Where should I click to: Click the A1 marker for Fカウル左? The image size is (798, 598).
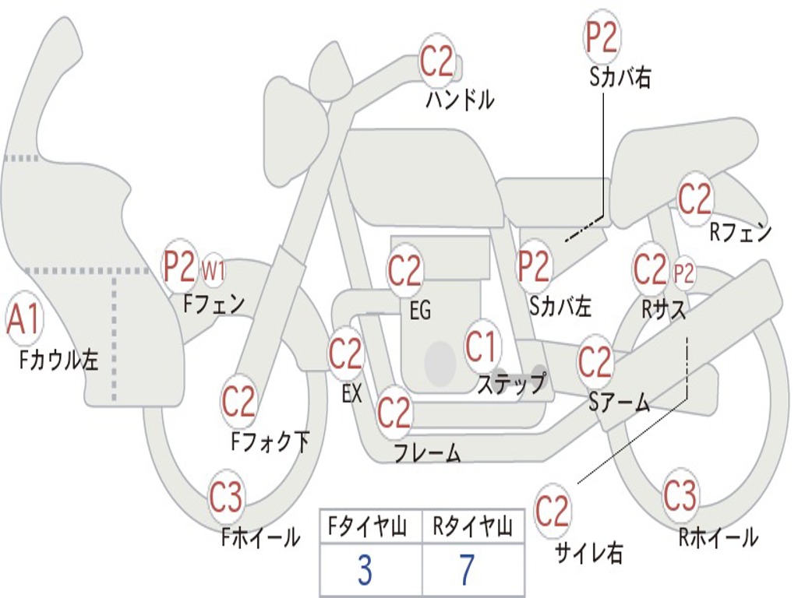24,318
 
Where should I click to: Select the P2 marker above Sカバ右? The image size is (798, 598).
602,37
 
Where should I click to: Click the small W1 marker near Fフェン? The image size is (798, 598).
213,270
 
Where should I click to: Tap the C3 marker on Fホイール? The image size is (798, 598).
226,497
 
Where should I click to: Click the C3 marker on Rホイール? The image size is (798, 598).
680,494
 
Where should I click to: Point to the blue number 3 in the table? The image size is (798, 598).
365,569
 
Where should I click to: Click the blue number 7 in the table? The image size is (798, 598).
468,569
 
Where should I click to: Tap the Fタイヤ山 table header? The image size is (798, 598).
368,527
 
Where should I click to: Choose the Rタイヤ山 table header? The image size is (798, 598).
472,527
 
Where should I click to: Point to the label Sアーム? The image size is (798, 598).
620,403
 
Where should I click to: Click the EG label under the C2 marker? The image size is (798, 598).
420,310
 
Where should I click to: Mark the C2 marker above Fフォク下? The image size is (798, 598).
238,401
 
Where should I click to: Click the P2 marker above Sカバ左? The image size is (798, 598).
533,266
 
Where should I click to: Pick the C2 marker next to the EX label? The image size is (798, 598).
345,354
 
